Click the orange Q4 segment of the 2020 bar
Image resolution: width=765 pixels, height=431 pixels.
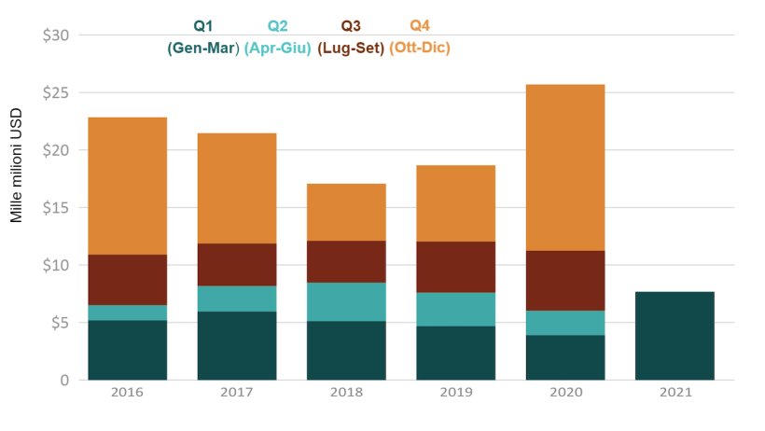565,168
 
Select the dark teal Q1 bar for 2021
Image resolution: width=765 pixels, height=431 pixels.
675,336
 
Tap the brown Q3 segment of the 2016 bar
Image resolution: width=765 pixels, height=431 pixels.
127,280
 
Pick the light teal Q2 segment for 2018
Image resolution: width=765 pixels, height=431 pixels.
346,301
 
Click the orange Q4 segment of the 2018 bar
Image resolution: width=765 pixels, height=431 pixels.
346,212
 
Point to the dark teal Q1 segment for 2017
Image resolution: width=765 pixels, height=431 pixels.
236,345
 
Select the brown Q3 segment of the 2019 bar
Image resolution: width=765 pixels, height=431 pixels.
455,267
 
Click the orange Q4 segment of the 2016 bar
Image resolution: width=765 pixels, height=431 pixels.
127,186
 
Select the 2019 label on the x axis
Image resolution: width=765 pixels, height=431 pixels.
455,393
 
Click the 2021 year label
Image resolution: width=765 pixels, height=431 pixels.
675,393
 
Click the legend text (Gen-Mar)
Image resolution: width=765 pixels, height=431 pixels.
203,48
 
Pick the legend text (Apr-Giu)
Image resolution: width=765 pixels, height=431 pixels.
277,48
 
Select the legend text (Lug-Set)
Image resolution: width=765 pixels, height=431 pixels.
351,48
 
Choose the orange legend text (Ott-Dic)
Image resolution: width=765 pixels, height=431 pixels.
420,48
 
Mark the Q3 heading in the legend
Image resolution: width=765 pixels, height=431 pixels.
351,25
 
